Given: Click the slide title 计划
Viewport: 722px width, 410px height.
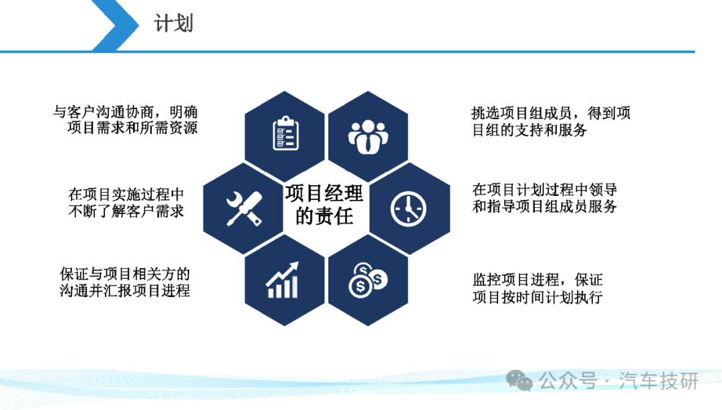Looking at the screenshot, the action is pos(173,23).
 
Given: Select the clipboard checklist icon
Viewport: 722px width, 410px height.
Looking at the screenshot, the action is pos(285,133).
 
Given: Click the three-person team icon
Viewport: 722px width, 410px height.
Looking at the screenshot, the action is pos(368,137).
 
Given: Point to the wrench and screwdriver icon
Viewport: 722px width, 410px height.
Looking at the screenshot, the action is pos(244,209).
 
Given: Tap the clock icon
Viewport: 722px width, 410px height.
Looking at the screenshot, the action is pos(408,209).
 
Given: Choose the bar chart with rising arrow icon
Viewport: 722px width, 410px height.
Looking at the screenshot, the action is pos(282,280).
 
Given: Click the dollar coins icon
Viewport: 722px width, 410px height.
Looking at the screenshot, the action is pos(368,280).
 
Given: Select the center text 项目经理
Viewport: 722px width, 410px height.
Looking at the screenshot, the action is pos(324,193).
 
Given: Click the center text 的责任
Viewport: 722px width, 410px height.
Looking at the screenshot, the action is pos(324,216).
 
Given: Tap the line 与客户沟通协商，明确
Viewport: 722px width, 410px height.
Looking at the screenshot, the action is pos(125,112).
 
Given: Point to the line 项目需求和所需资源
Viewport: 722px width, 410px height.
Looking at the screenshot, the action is pos(132,128).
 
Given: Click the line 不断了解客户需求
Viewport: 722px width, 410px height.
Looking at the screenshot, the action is pos(126,211).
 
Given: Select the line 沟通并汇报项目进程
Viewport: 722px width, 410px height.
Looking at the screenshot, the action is pos(125,291).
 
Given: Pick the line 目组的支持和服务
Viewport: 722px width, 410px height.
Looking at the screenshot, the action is pos(529,130).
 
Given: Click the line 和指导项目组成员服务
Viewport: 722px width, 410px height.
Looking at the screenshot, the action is pos(545,206).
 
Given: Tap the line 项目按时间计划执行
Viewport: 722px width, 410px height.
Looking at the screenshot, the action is pos(537,297).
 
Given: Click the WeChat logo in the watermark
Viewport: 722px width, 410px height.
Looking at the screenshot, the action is pos(519,380).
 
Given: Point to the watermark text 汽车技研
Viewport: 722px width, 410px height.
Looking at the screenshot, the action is pos(659,381).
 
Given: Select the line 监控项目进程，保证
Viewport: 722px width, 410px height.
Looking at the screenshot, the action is pos(537,280).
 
